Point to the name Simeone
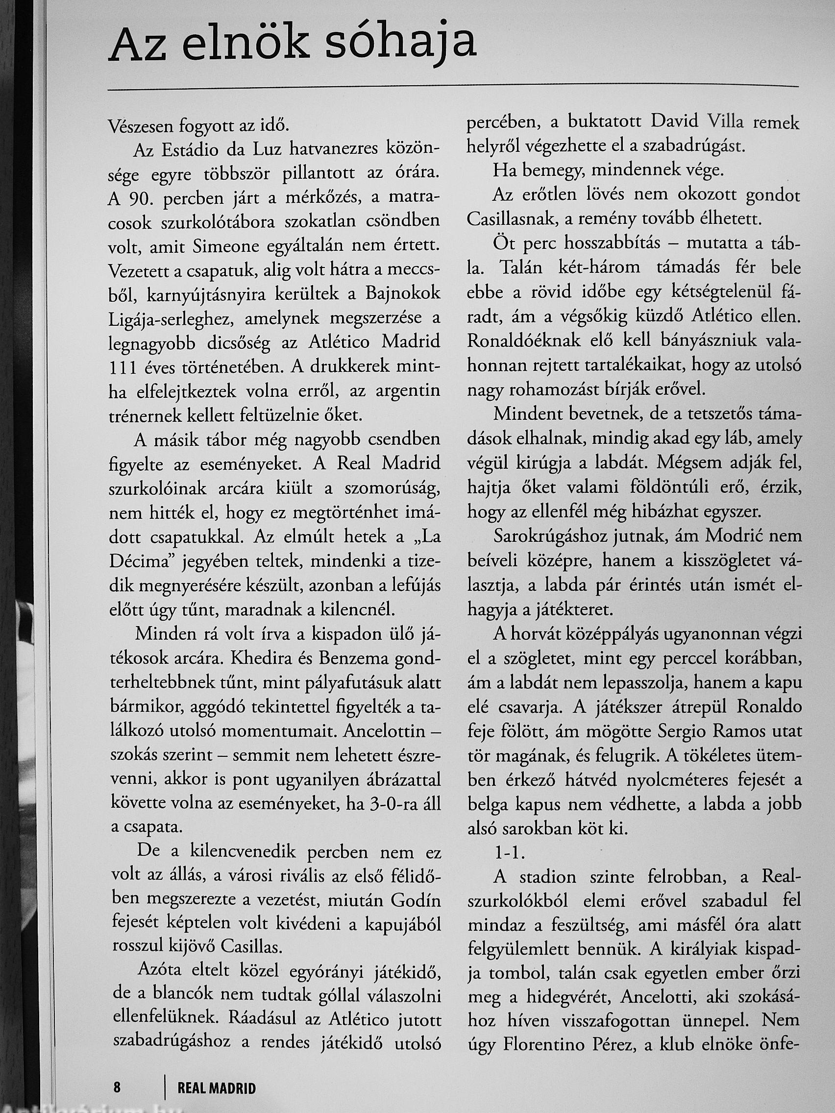click(224, 247)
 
